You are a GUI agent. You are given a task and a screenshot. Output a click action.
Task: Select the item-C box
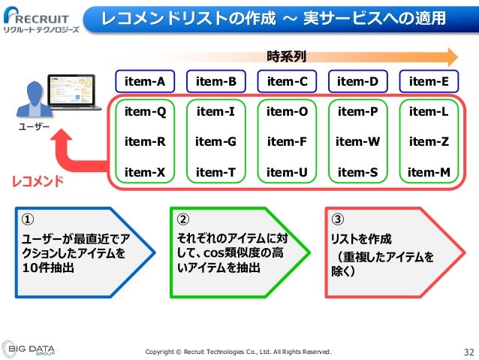tap(287, 81)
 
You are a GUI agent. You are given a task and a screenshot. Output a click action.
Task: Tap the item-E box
tap(429, 81)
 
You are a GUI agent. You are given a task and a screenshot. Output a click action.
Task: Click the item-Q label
tap(145, 112)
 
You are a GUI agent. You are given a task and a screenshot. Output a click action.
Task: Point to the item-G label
tap(215, 141)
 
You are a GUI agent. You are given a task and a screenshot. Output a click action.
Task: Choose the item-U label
tap(287, 172)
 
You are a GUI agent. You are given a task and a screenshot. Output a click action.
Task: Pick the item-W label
tap(358, 141)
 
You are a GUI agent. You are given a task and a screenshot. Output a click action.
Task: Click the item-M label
tap(429, 172)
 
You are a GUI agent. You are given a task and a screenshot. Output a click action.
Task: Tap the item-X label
tap(145, 172)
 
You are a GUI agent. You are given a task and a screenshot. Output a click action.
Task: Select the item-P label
tap(358, 112)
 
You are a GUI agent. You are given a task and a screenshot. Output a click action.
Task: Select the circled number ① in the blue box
tap(26, 219)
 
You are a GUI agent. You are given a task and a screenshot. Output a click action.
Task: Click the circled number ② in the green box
tap(182, 219)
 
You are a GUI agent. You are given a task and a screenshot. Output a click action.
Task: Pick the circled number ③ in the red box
tap(337, 219)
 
